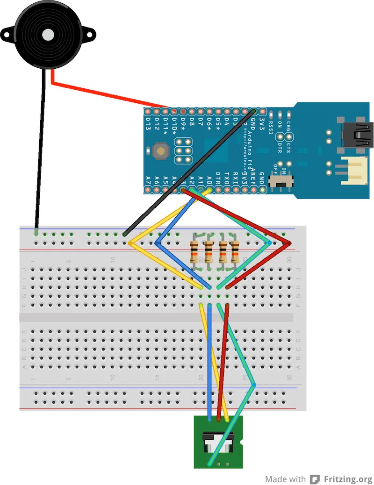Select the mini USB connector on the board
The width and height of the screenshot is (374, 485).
point(358,136)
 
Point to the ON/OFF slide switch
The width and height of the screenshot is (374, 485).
point(283,180)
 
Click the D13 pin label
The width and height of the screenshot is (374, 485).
point(148,124)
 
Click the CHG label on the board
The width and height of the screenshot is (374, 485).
point(288,125)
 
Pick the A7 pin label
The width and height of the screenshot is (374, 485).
point(148,179)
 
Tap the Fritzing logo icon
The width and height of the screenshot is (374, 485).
point(316,479)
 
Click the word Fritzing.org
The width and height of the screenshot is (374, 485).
point(348,479)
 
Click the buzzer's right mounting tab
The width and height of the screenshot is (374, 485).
point(88,34)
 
